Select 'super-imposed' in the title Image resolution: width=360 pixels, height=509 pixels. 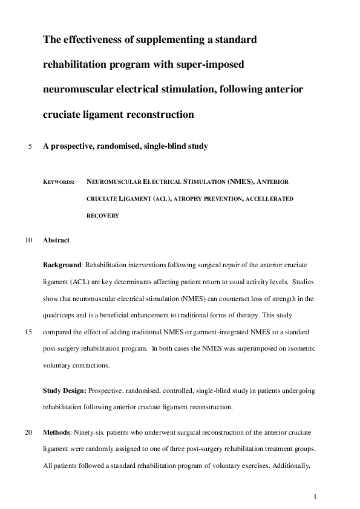[213, 65]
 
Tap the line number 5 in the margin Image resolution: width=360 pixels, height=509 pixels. [30, 146]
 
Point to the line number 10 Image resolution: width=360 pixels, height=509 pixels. [28, 240]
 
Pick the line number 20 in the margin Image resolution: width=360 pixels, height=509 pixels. [28, 433]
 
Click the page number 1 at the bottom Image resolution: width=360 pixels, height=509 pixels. [315, 496]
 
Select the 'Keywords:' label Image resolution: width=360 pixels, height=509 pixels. [59, 181]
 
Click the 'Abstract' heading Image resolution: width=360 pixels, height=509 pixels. [56, 240]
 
